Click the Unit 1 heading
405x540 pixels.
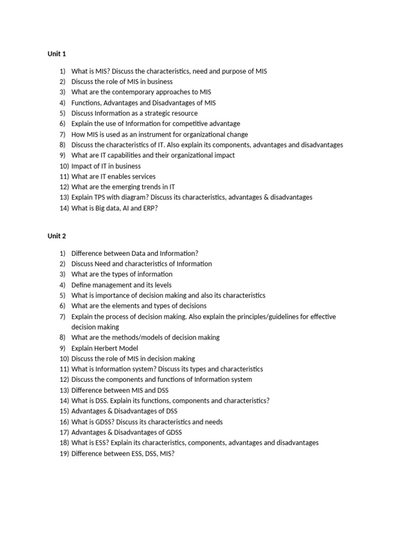tap(56, 54)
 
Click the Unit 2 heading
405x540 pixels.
tap(56, 236)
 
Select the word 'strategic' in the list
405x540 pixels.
tap(152, 113)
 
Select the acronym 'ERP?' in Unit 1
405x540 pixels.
tap(150, 208)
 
